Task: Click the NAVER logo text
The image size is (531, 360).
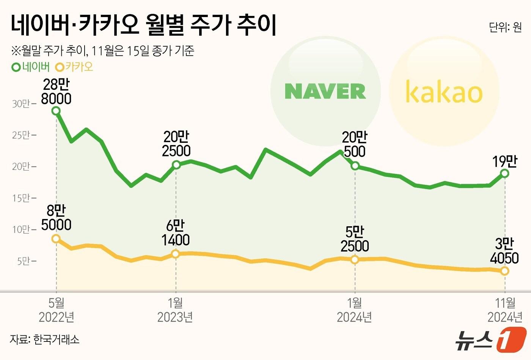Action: [x=325, y=91]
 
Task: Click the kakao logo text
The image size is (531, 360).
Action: [x=443, y=92]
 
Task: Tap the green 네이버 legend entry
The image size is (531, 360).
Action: [x=31, y=67]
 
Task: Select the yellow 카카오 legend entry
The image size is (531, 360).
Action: [x=74, y=67]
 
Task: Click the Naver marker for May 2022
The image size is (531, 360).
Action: [x=56, y=111]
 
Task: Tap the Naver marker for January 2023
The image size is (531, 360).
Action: [x=176, y=164]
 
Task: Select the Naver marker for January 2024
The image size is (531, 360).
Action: [x=355, y=166]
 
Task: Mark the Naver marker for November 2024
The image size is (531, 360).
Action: [x=504, y=173]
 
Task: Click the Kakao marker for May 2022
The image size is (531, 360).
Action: [x=56, y=238]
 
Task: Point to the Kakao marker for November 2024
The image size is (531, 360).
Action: [x=504, y=271]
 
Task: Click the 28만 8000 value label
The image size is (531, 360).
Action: [x=56, y=91]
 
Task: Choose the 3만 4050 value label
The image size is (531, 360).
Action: [x=504, y=250]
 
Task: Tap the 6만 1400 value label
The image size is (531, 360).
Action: [x=175, y=233]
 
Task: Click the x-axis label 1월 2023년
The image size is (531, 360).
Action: [x=175, y=310]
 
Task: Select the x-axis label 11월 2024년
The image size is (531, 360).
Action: [x=505, y=310]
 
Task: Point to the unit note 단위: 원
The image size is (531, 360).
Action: [x=505, y=27]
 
